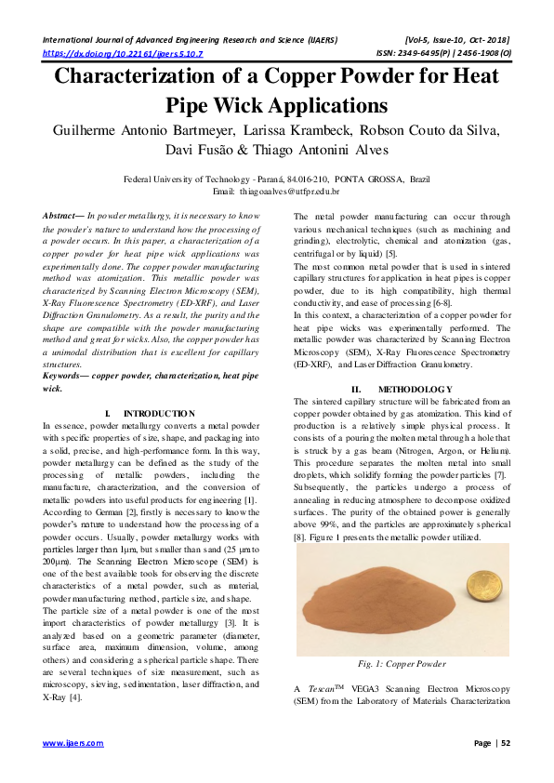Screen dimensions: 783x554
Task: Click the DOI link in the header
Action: tap(123, 54)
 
